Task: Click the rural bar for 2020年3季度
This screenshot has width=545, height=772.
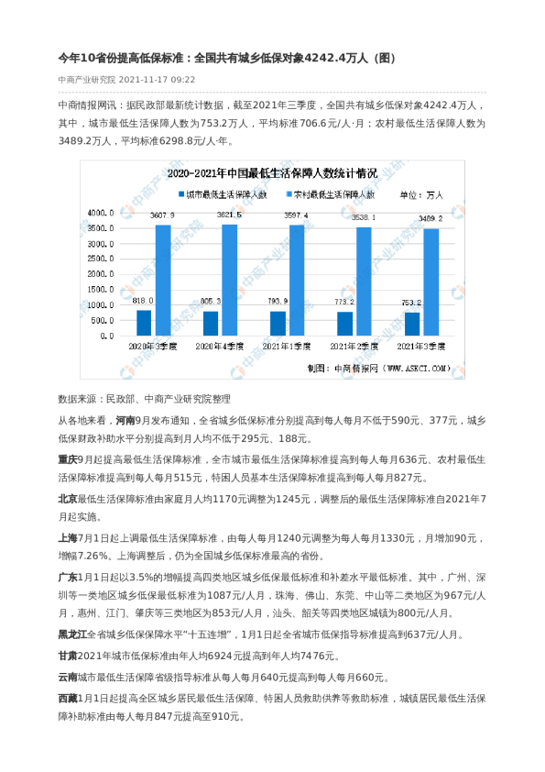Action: tap(163, 280)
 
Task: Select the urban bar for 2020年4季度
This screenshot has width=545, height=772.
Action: tap(211, 324)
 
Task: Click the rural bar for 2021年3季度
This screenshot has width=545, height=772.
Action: tap(431, 282)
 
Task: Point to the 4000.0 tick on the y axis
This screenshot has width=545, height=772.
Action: tap(100, 212)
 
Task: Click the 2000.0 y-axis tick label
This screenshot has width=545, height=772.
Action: tap(100, 274)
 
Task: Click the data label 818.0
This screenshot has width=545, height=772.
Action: tap(143, 301)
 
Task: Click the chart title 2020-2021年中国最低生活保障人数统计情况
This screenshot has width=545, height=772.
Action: tap(272, 172)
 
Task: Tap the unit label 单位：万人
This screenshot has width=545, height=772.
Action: tap(421, 194)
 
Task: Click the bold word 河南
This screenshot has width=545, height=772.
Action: tap(128, 420)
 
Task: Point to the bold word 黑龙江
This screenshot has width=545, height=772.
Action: tap(72, 634)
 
